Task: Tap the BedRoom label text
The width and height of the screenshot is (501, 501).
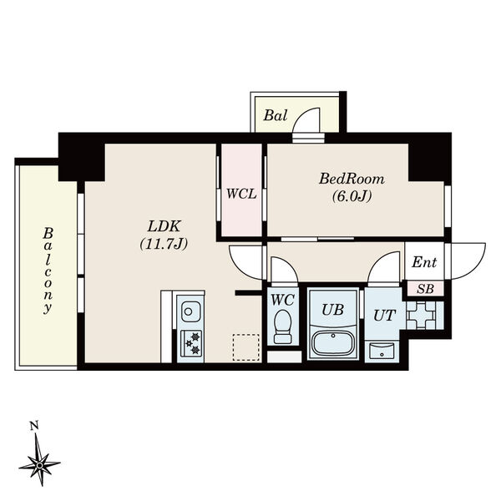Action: pos(351,179)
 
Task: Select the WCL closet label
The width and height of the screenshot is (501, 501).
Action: pos(240,194)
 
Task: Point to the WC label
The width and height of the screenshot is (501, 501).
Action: pos(281,297)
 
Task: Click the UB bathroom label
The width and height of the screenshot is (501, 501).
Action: pos(333,309)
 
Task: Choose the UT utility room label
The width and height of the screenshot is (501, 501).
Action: pos(383,315)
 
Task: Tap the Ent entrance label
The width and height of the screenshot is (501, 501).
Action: pos(424,262)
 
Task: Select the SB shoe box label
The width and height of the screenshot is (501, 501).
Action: pos(425,288)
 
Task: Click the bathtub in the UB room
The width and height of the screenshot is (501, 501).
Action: pos(333,343)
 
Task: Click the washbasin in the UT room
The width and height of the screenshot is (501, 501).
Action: pos(382,349)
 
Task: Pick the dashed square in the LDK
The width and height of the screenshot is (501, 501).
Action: pos(245,347)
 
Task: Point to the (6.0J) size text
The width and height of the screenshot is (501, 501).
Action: pos(351,197)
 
